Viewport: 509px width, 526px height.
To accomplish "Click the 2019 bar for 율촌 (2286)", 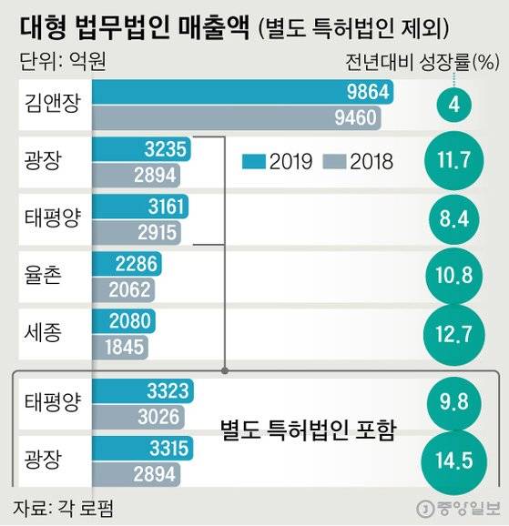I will click(x=127, y=265).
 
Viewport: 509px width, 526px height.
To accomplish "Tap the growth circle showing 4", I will click(x=453, y=105).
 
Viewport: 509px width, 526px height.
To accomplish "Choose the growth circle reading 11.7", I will click(x=453, y=161).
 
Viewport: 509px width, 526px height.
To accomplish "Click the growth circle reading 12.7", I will click(x=453, y=335).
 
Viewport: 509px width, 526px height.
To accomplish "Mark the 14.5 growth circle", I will click(x=453, y=460).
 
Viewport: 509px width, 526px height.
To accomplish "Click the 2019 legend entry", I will click(x=278, y=161).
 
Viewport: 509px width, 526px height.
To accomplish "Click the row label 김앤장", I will click(x=51, y=103).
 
